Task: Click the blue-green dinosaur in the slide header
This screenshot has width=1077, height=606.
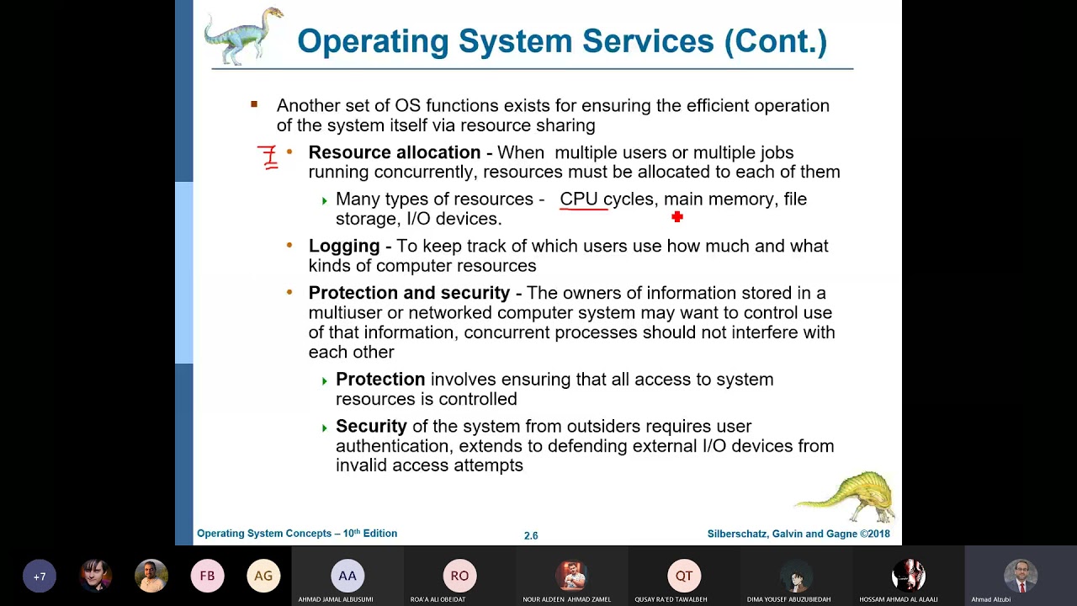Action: coord(243,36)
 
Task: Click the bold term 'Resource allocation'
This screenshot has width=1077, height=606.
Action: coord(394,152)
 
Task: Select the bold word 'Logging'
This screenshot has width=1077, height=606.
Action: coord(344,246)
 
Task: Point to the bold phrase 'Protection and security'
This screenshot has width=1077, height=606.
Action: coord(409,293)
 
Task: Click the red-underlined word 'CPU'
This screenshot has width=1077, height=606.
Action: coord(579,199)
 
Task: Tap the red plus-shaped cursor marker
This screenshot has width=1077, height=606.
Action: coord(677,217)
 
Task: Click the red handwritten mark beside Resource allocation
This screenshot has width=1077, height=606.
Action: coord(268,157)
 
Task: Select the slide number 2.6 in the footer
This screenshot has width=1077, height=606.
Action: coord(531,535)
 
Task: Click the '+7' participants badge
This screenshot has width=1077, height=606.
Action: coord(40,577)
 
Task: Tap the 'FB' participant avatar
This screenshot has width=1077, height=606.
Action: coord(207,577)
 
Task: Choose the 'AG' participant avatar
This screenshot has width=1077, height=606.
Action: coord(263,577)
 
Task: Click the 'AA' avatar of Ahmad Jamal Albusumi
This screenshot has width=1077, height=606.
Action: coord(348,576)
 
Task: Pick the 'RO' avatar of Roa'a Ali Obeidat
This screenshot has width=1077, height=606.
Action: coord(459,576)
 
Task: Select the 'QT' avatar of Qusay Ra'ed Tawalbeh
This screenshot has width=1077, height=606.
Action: coord(683,576)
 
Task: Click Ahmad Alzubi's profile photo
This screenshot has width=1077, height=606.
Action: coord(1021,576)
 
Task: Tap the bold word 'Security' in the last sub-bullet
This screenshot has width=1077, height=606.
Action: coord(371,427)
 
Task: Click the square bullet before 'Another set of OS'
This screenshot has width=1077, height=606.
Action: coord(254,104)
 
